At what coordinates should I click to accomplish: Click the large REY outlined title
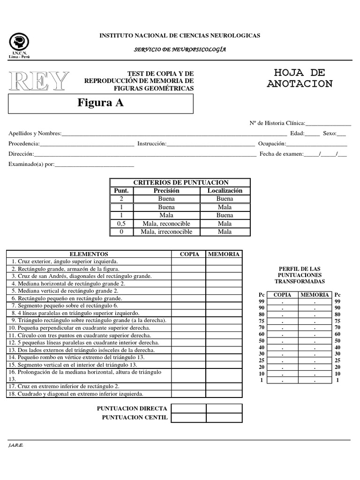point(39,82)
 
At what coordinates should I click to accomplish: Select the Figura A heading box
point(101,104)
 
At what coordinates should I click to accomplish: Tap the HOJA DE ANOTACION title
point(300,78)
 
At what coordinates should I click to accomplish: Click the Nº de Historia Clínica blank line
point(328,124)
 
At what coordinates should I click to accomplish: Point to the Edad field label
point(297,134)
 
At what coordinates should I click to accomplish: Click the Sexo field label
point(330,134)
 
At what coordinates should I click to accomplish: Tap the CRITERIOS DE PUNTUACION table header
point(180,182)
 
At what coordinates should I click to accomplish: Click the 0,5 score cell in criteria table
point(121,224)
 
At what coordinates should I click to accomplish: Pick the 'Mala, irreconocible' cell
point(166,232)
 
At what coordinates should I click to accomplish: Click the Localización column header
point(225,191)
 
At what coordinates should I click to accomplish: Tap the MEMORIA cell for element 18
point(224,394)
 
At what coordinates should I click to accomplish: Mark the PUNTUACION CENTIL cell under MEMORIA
point(224,418)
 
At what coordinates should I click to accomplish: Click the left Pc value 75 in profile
point(262,321)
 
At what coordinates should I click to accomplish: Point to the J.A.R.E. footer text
point(16,445)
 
